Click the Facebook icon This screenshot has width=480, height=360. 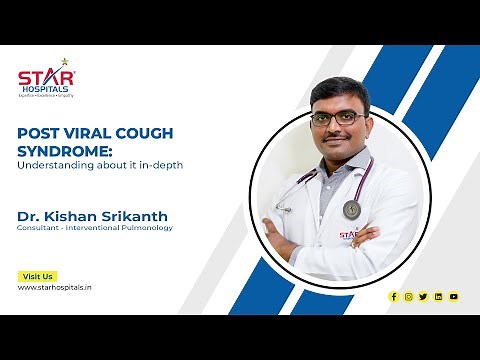pyautogui.click(x=394, y=296)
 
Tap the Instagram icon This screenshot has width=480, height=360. pyautogui.click(x=409, y=296)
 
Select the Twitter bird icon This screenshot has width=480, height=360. pyautogui.click(x=423, y=296)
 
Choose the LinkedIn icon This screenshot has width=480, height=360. pyautogui.click(x=438, y=296)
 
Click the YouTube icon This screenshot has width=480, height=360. pyautogui.click(x=453, y=296)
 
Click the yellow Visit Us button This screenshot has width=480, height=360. pyautogui.click(x=37, y=276)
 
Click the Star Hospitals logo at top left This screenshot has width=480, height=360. pyautogui.click(x=46, y=79)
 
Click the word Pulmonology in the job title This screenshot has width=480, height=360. pyautogui.click(x=146, y=228)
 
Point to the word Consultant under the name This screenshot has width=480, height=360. pyautogui.click(x=39, y=228)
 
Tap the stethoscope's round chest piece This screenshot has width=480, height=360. pyautogui.click(x=351, y=209)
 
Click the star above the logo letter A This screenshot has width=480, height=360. pyautogui.click(x=65, y=63)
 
